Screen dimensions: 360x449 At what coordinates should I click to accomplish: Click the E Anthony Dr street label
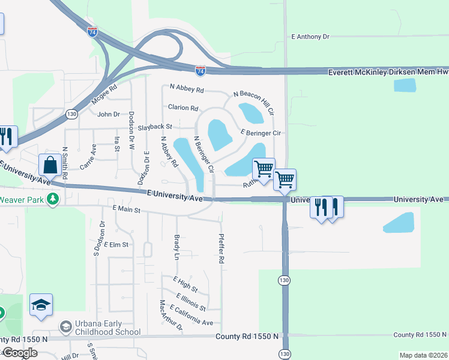pos(310,37)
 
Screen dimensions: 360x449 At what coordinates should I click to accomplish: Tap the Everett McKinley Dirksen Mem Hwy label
pos(388,72)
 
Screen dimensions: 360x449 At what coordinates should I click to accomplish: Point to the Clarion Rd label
pos(183,108)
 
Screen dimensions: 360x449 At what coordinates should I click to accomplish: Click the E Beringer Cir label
pos(261,132)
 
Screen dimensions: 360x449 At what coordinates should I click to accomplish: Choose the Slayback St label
pos(155,127)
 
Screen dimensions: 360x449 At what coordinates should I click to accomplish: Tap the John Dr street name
pos(109,114)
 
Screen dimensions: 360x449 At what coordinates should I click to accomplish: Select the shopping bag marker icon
pos(50,165)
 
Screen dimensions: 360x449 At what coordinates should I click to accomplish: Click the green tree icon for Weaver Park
pos(53,199)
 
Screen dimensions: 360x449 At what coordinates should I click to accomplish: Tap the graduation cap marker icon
pos(41,305)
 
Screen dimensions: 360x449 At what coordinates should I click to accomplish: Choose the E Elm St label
pos(116,245)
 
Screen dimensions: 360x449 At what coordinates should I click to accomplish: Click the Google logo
pos(19,353)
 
